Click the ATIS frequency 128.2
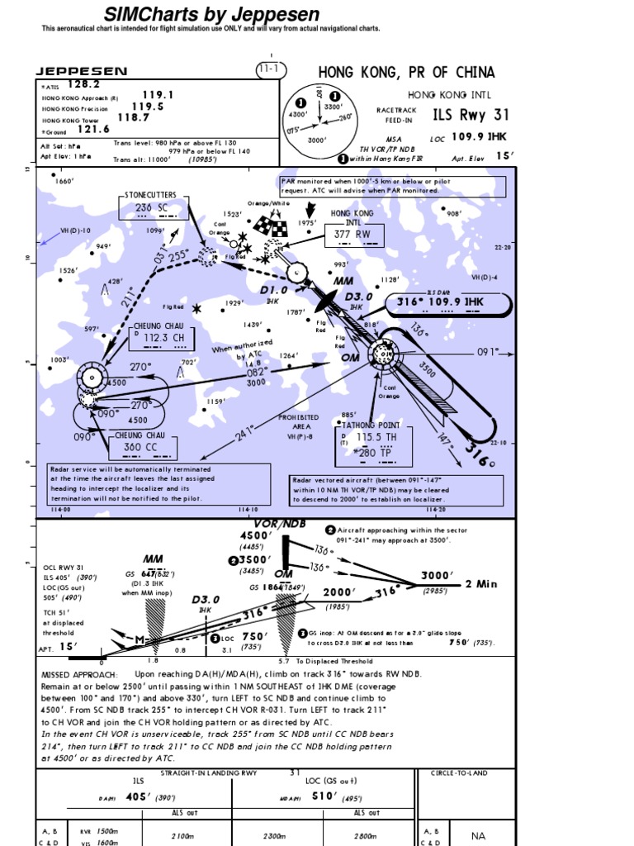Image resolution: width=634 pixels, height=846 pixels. coord(83,84)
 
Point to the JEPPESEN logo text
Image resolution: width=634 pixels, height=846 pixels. coord(81,72)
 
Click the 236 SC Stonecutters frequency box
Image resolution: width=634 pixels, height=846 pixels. coord(150,207)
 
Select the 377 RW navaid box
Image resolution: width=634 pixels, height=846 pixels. coord(352,235)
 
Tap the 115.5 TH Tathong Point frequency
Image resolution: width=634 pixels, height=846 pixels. coord(376,436)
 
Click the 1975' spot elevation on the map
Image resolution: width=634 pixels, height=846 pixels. coord(307,222)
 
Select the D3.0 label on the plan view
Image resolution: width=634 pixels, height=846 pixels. coord(359,297)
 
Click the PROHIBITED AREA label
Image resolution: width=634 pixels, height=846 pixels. coord(298,422)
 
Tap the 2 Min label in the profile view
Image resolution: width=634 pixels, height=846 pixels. coord(481,583)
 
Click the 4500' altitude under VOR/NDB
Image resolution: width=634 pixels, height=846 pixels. coord(256,535)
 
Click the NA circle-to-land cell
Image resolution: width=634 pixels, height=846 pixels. coord(478,835)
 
